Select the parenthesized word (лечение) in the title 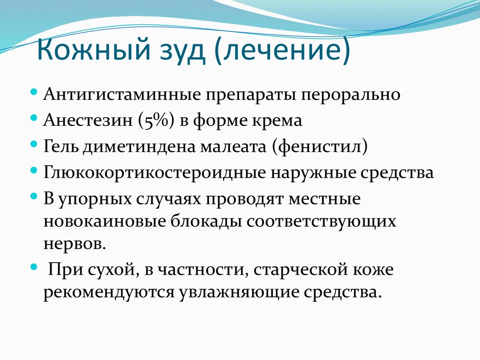(x=283, y=52)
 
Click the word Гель (x=61, y=147)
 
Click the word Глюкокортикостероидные (x=154, y=172)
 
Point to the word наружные (x=311, y=172)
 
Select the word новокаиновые (x=112, y=221)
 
